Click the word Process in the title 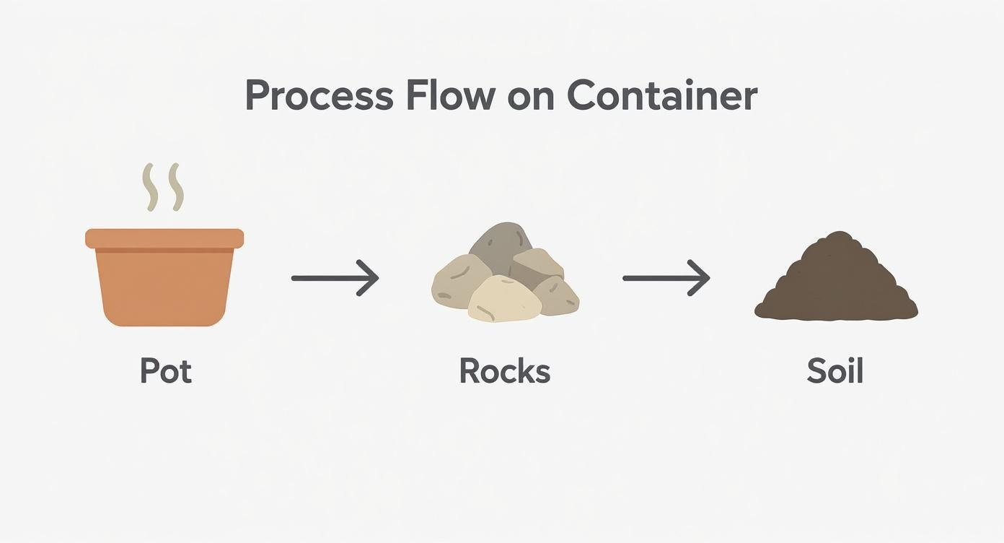point(320,96)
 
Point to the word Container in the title point(661,96)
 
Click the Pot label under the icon point(165,371)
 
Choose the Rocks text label point(504,371)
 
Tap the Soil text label point(835,371)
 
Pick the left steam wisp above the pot point(149,187)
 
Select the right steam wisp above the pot point(175,187)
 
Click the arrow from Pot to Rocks point(334,277)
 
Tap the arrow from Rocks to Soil point(666,277)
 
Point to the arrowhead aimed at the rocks point(370,277)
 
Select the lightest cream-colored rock point(504,300)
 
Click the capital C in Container point(585,96)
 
